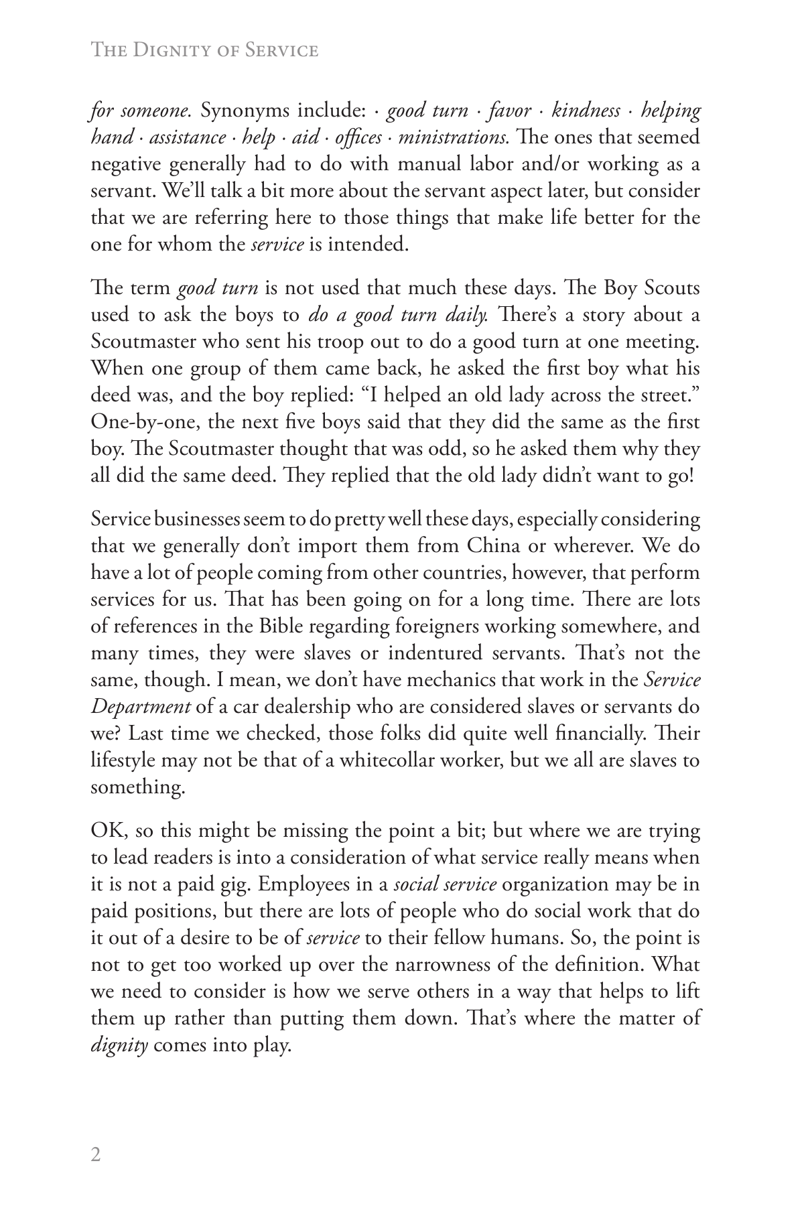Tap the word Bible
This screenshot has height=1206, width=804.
click(278, 626)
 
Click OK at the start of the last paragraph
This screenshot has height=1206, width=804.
click(107, 831)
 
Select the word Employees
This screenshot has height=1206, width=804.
click(306, 885)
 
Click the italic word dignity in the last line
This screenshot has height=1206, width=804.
click(119, 1047)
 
